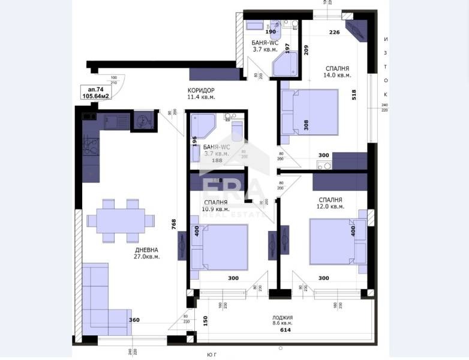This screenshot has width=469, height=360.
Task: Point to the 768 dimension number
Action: tap(173, 224)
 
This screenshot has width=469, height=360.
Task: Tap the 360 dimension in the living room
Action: tap(134, 320)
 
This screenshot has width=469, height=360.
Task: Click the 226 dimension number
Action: tap(335, 32)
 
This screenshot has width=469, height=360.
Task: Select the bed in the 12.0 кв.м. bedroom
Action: tap(336, 241)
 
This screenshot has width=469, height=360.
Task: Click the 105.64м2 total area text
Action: tap(95, 96)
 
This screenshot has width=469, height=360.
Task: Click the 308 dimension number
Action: tap(306, 125)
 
